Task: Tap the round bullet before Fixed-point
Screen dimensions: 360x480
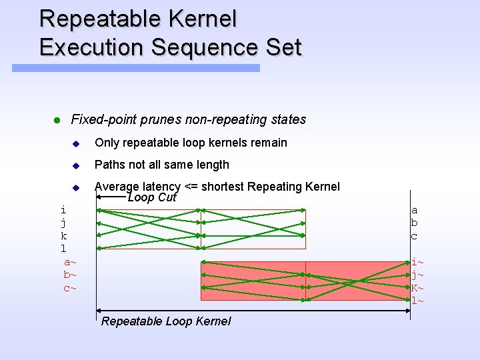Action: (57, 121)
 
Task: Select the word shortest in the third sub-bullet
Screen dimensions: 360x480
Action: (222, 187)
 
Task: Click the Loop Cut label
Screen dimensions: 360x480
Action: (151, 197)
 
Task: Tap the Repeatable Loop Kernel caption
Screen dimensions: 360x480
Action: (166, 321)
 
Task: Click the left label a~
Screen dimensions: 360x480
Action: (70, 262)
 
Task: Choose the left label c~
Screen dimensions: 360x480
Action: (70, 288)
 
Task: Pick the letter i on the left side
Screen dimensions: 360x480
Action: (63, 210)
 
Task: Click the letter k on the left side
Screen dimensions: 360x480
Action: (63, 236)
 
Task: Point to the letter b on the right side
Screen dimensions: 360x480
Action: (414, 223)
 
